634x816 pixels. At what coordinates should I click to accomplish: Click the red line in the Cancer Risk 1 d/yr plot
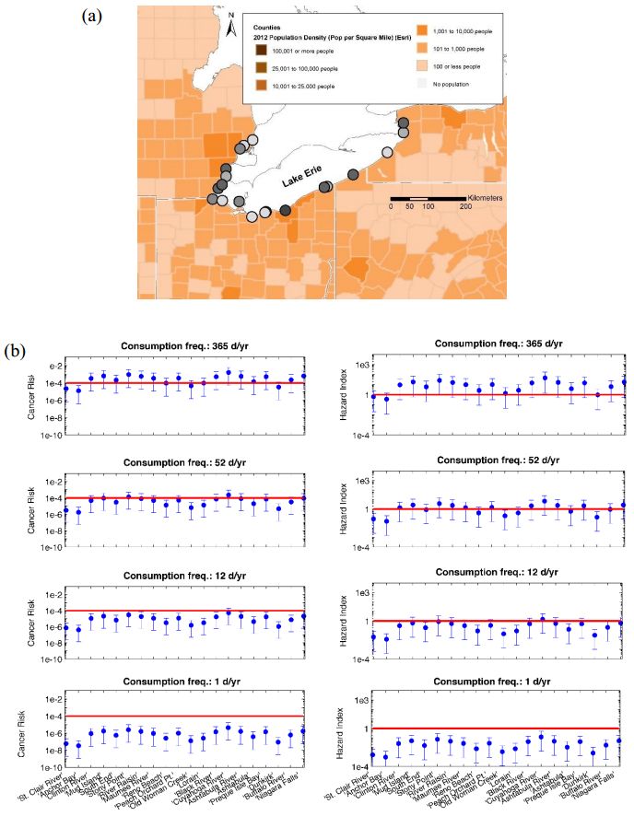(184, 716)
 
